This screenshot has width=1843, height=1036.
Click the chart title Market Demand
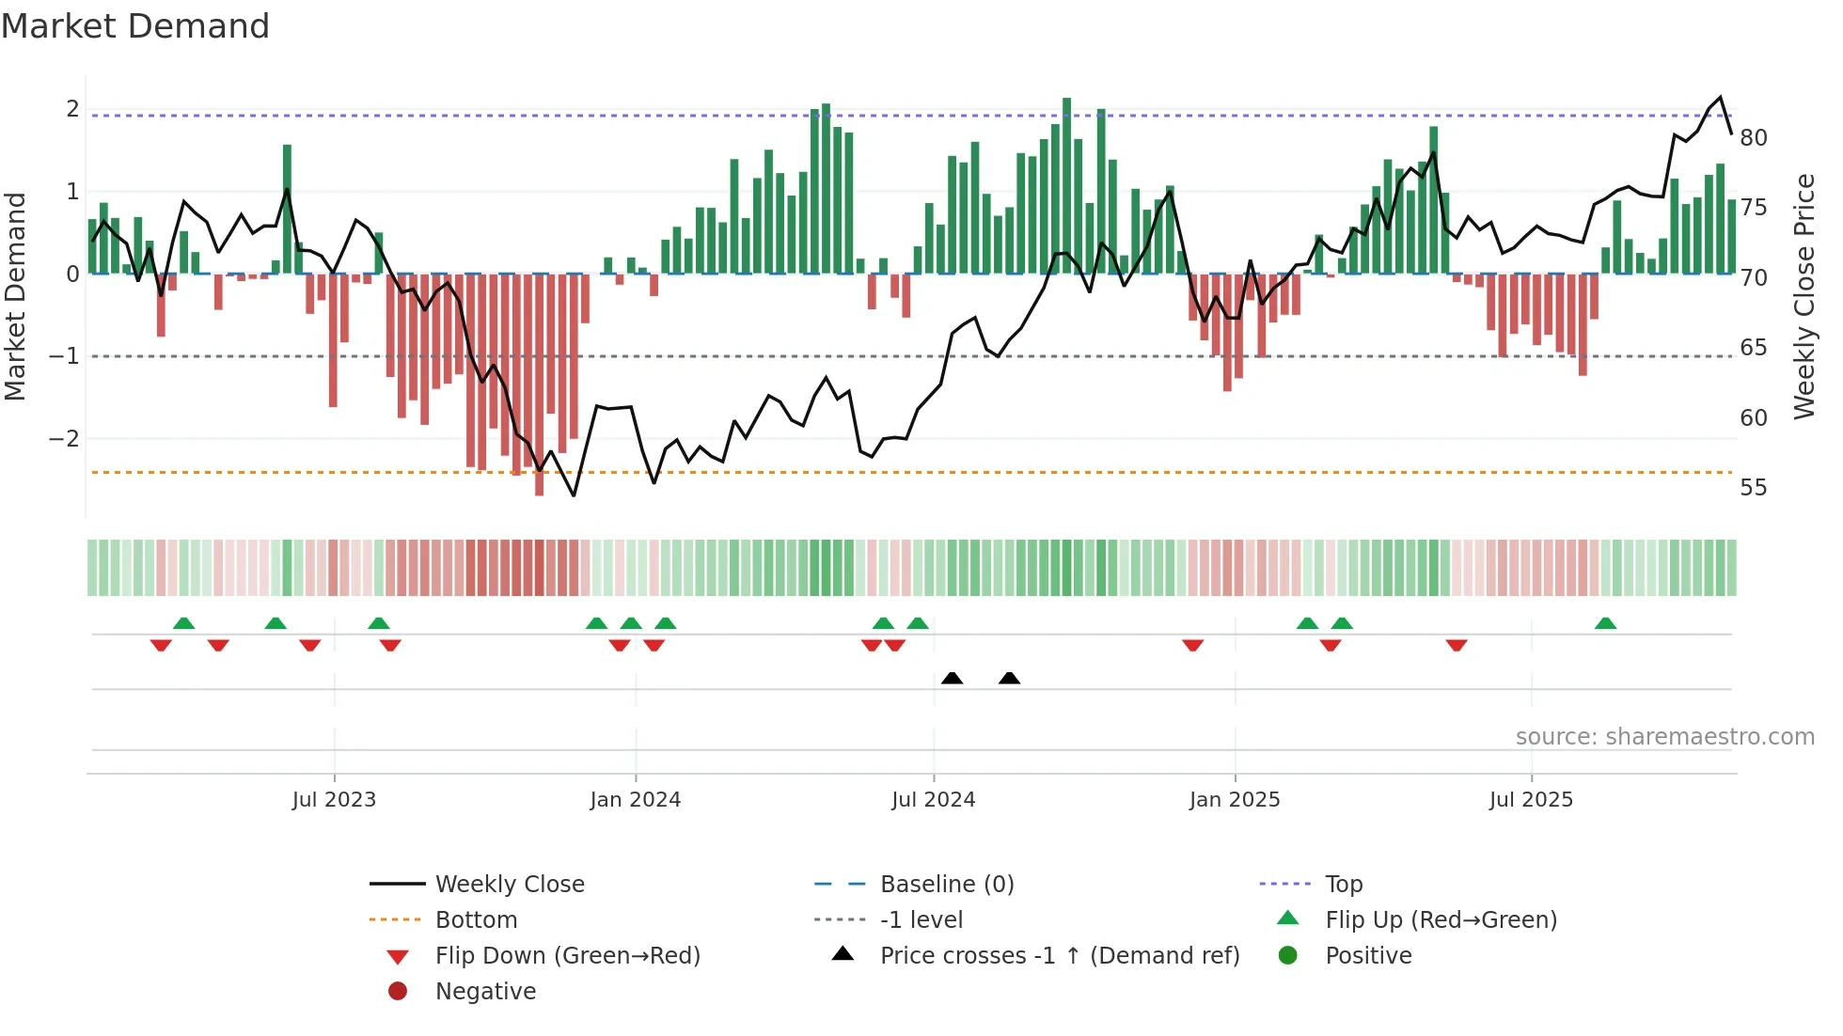(x=135, y=26)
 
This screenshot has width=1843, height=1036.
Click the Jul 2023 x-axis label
(x=334, y=800)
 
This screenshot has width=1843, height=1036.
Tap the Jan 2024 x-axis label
(x=635, y=800)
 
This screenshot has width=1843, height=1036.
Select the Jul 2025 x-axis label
(x=1531, y=800)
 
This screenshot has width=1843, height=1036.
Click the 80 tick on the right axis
(x=1754, y=138)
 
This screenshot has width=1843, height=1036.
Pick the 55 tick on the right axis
(x=1754, y=488)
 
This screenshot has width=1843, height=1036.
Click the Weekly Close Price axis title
(x=1804, y=296)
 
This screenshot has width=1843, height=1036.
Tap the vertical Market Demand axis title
(x=16, y=296)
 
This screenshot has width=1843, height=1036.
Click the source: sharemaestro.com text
(x=1664, y=737)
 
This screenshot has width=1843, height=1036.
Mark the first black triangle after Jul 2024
(x=953, y=678)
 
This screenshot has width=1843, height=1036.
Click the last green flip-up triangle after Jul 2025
(x=1606, y=623)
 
